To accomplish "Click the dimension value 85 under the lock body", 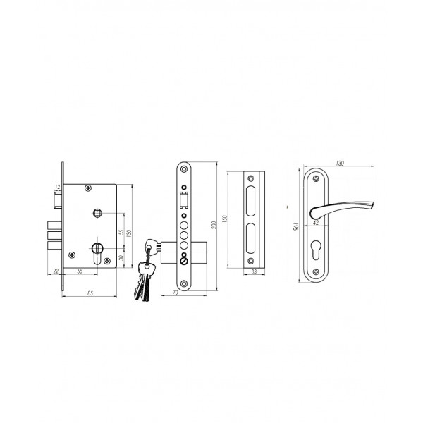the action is click(x=90, y=293).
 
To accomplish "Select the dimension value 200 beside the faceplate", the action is click(x=214, y=225).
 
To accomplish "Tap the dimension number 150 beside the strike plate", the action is click(x=225, y=219).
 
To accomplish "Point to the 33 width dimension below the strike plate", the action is click(x=254, y=271).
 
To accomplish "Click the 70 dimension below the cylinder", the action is click(x=175, y=293).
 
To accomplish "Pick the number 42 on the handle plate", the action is click(x=316, y=223).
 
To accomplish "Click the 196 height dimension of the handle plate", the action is click(x=295, y=226).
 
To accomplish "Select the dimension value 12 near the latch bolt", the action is click(x=57, y=187).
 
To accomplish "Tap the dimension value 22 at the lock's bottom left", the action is click(x=56, y=271).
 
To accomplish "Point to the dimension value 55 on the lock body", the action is click(x=121, y=232).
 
